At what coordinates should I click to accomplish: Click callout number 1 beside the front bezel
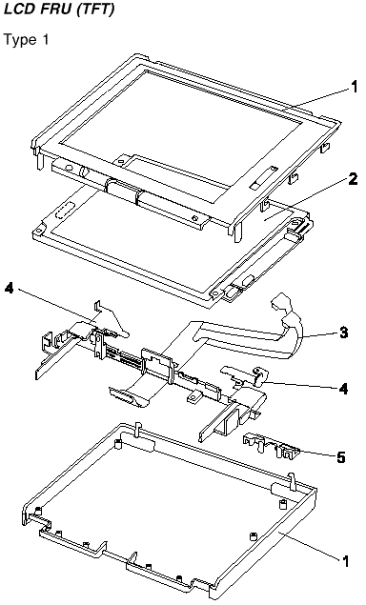click(x=354, y=88)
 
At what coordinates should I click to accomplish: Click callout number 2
click(x=353, y=178)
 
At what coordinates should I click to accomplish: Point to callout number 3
click(x=343, y=333)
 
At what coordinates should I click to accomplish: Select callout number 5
click(x=340, y=457)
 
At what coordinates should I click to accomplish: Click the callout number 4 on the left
click(x=10, y=288)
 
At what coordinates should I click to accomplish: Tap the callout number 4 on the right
click(x=343, y=388)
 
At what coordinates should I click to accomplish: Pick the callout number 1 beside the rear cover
click(x=344, y=560)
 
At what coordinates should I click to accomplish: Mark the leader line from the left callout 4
click(x=55, y=305)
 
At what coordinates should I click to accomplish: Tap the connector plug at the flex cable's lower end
click(x=127, y=398)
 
